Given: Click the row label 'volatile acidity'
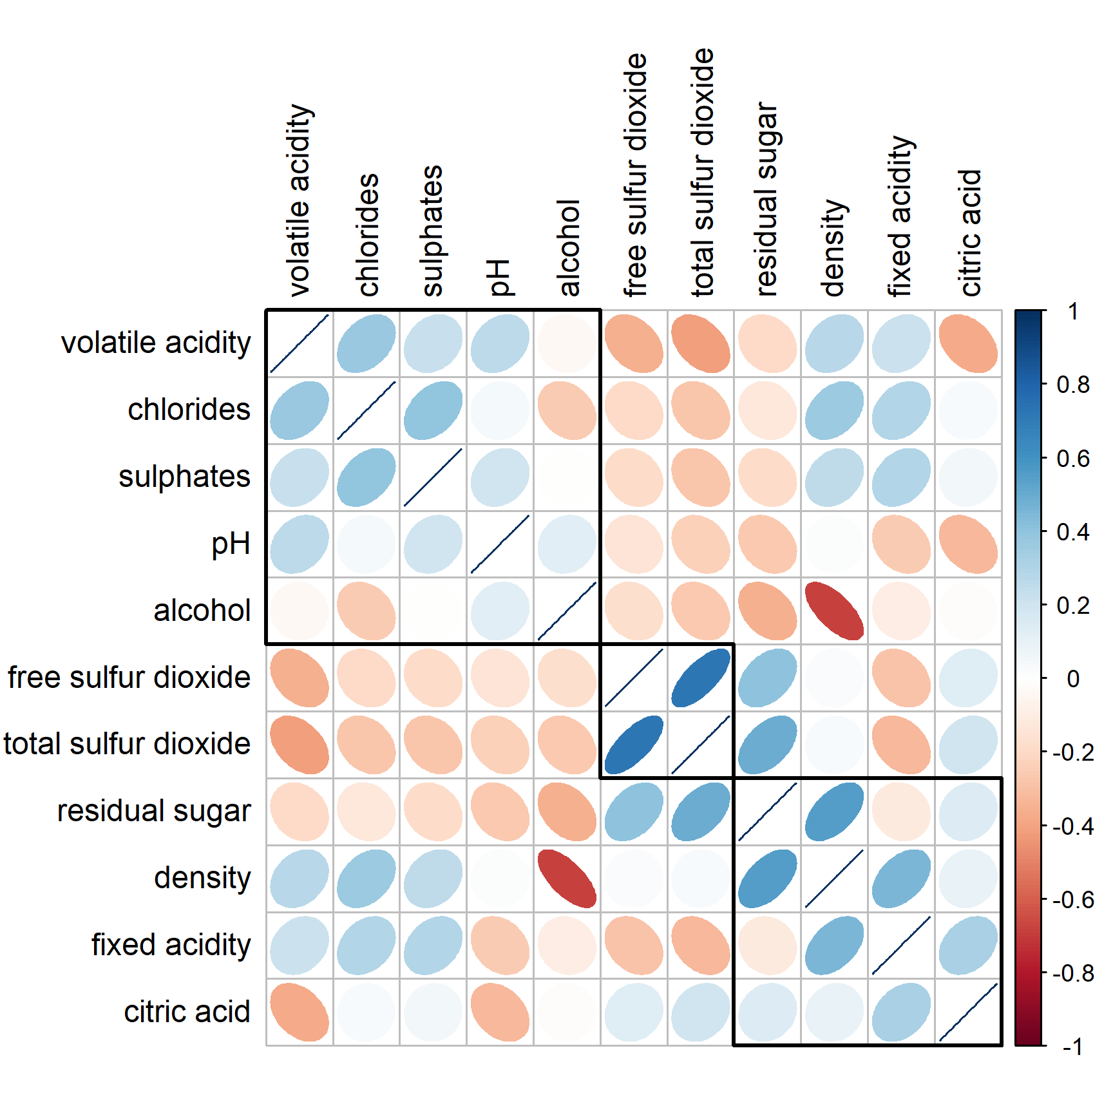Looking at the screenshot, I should (156, 343).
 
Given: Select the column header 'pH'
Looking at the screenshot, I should (499, 277).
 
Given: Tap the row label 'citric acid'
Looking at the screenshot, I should (187, 1012).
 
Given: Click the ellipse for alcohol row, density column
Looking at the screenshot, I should (834, 611).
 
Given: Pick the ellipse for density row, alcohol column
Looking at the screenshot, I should (567, 879).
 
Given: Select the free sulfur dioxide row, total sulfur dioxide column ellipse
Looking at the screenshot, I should (701, 678).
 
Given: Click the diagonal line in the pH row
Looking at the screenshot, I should (500, 544).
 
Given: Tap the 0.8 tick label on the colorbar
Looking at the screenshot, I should (1073, 385).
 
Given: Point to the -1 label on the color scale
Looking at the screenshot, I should (1072, 1047).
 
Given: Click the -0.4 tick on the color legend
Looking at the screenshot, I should (1073, 826).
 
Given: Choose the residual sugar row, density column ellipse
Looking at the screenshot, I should (834, 812).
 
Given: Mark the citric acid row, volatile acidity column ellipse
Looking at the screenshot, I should (300, 1012).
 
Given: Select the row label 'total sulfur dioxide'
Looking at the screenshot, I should (127, 744).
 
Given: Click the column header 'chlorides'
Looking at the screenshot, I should (368, 234).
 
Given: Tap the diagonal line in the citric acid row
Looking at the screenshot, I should (968, 1012).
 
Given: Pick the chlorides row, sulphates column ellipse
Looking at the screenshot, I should (433, 410).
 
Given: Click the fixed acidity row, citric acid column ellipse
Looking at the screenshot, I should (968, 945).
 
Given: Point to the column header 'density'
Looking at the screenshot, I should (834, 248).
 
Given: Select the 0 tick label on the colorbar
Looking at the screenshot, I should (1073, 679).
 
